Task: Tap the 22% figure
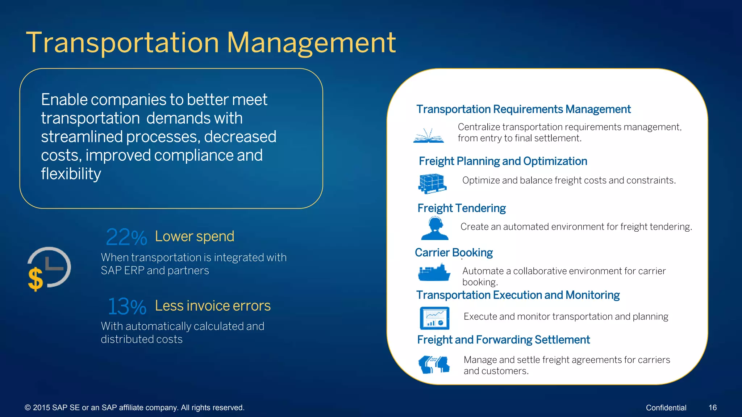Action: pyautogui.click(x=126, y=237)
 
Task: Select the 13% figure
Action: pyautogui.click(x=127, y=307)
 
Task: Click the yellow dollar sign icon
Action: pyautogui.click(x=36, y=279)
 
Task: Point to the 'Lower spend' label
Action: pyautogui.click(x=195, y=236)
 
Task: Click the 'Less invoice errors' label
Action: pyautogui.click(x=213, y=306)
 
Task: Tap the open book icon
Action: pyautogui.click(x=428, y=136)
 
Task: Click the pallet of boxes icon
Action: pyautogui.click(x=432, y=183)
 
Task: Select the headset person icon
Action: pyautogui.click(x=435, y=228)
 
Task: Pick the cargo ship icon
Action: pyautogui.click(x=434, y=273)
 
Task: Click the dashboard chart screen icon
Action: pyautogui.click(x=434, y=318)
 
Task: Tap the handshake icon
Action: pyautogui.click(x=434, y=364)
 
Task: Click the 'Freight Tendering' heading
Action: pyautogui.click(x=461, y=208)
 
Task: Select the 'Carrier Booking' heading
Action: pyautogui.click(x=454, y=252)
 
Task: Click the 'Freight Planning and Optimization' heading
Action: pyautogui.click(x=503, y=161)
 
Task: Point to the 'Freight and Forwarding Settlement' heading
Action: pyautogui.click(x=503, y=340)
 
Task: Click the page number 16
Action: pyautogui.click(x=712, y=408)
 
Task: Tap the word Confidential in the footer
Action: pyautogui.click(x=666, y=408)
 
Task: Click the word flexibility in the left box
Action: pyautogui.click(x=71, y=174)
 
